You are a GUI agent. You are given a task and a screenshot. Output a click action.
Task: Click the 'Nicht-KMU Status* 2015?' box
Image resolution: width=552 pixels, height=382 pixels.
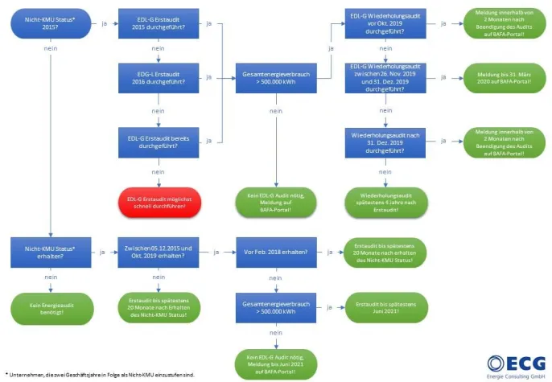click(50, 23)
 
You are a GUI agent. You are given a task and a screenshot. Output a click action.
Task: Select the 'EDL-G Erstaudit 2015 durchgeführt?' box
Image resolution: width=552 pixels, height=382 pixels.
click(158, 23)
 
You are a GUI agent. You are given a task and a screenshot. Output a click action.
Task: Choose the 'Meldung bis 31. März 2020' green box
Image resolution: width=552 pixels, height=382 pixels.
click(498, 77)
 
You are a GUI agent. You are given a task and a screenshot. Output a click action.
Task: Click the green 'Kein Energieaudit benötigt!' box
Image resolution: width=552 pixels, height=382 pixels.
click(50, 307)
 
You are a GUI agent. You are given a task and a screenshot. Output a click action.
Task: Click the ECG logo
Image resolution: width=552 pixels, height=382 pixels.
click(515, 364)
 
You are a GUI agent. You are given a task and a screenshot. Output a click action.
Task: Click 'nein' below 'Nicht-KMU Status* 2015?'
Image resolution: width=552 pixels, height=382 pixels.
click(50, 50)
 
